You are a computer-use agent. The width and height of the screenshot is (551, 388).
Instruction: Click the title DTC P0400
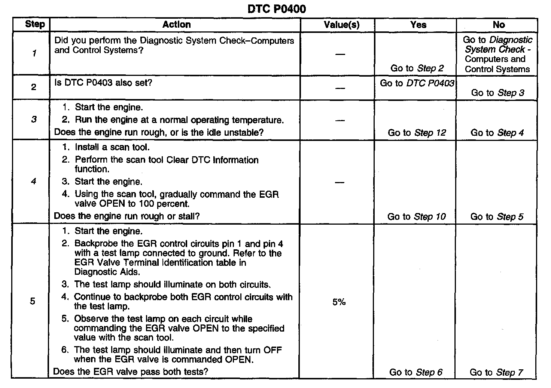pos(277,9)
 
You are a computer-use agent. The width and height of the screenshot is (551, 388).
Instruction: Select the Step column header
pos(34,25)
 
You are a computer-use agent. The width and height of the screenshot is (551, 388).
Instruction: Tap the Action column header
pos(176,25)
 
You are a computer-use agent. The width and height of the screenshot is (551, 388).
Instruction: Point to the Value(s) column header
pos(341,25)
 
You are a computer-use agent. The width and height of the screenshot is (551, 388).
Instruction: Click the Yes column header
pos(418,25)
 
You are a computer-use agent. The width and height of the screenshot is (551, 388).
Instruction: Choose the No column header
pos(499,25)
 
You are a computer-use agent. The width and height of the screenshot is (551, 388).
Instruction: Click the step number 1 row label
pos(34,53)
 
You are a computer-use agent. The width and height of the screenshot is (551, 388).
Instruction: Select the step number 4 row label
pos(34,182)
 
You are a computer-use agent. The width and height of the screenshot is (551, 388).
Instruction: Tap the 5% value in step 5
pos(339,302)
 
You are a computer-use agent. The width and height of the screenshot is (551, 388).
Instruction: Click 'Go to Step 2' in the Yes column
pos(417,68)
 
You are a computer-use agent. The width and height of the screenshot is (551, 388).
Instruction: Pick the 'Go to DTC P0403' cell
pos(417,83)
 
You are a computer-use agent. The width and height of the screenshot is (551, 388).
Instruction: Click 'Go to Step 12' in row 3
pos(417,133)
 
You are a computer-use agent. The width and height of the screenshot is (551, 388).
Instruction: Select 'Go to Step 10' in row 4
pos(417,217)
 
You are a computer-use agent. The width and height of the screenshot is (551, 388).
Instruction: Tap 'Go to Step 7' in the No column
pos(496,372)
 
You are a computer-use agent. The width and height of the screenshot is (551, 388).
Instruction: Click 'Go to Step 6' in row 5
pos(416,372)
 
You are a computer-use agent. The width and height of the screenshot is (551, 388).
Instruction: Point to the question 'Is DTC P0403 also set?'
pos(103,83)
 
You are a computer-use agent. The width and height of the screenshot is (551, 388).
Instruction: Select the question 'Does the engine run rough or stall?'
pos(127,216)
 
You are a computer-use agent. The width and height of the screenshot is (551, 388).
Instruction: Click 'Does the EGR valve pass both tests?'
pos(131,372)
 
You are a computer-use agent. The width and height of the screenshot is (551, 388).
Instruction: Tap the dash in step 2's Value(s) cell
pos(340,88)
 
